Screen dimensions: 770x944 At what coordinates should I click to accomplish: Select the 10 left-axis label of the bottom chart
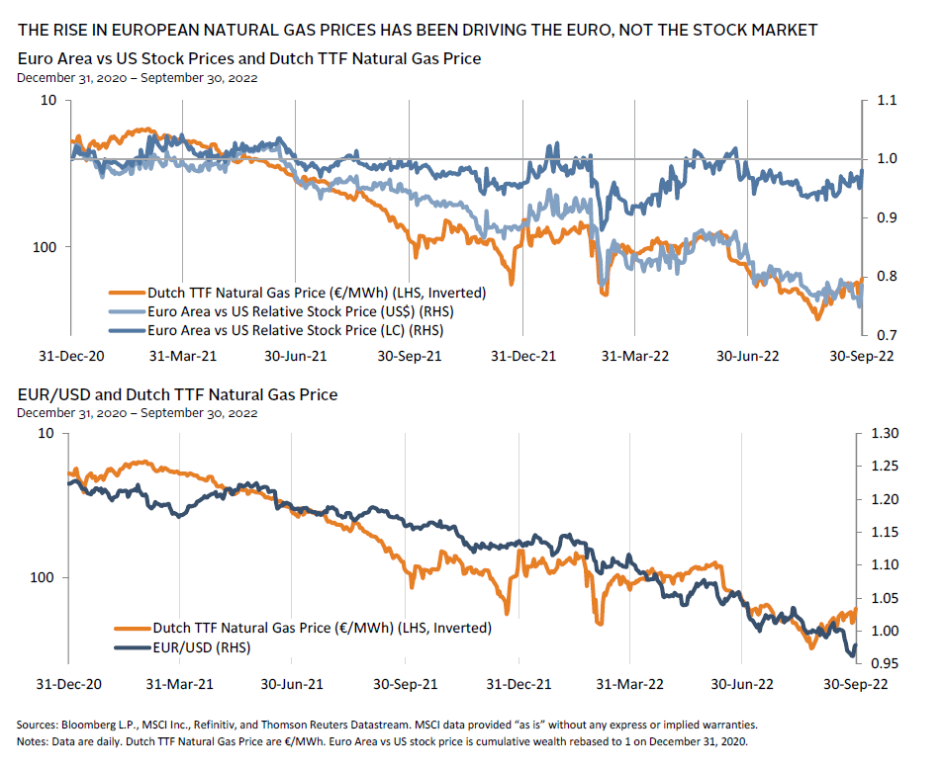[x=47, y=434]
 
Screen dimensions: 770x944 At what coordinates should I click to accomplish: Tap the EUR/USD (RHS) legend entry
[x=201, y=647]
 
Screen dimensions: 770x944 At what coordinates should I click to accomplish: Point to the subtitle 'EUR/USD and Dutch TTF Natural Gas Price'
[x=177, y=394]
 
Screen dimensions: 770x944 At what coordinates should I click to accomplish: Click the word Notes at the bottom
[x=35, y=741]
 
